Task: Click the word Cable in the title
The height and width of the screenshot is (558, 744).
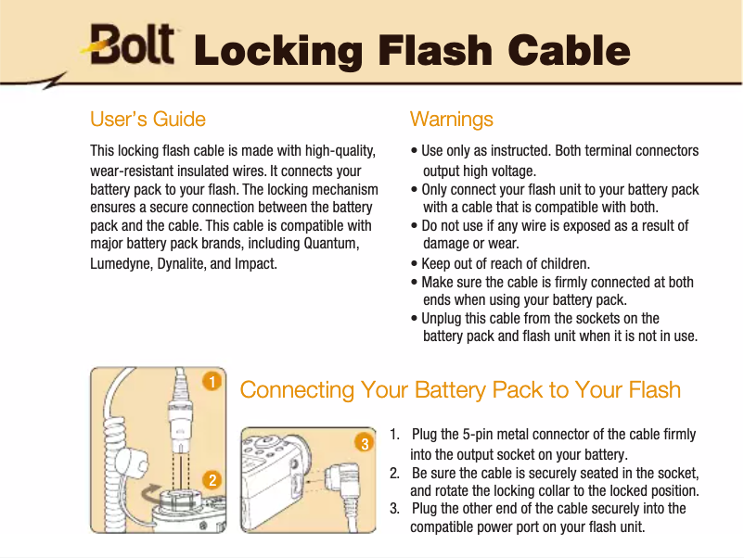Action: click(x=569, y=50)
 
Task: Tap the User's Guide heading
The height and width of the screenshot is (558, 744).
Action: click(x=148, y=119)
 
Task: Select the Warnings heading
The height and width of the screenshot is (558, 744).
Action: click(x=451, y=120)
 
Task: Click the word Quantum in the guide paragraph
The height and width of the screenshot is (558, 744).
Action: click(x=331, y=244)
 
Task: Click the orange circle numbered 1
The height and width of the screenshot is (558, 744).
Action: click(x=212, y=382)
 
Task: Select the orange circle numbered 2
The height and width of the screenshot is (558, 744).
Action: click(x=212, y=480)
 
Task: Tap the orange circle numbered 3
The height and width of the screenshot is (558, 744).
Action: click(x=365, y=443)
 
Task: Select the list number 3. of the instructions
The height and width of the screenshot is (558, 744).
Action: click(x=395, y=509)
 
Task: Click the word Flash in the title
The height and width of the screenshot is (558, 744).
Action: click(x=435, y=50)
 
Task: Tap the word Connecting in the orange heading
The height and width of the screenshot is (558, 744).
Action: click(x=297, y=390)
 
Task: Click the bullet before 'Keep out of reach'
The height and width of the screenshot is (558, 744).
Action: click(x=415, y=264)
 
